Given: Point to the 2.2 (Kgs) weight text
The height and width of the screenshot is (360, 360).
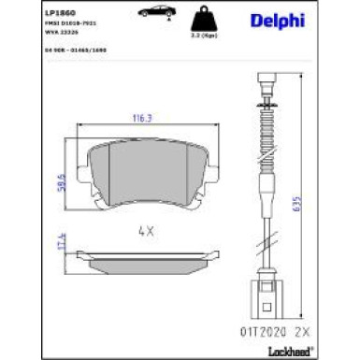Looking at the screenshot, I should point(199,37).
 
